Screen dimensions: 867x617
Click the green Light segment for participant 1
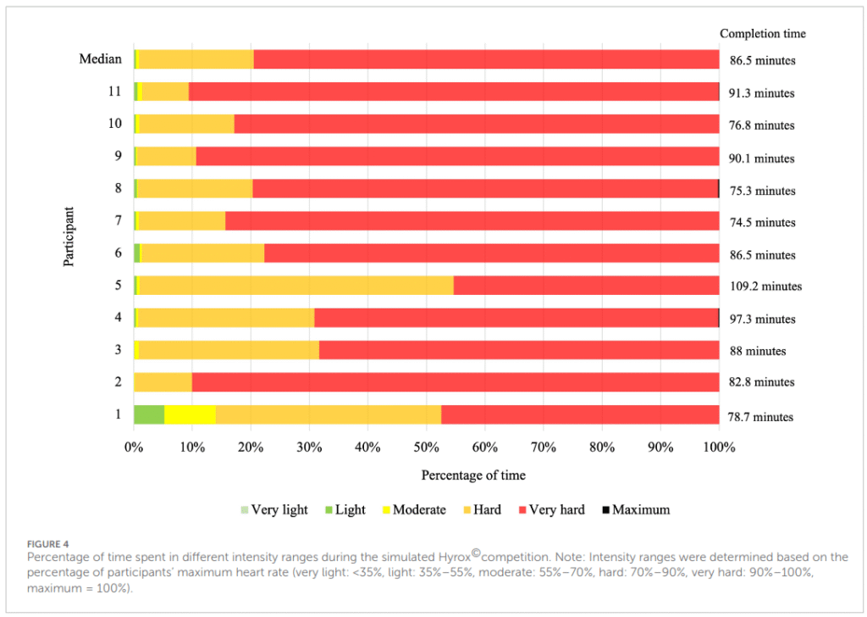click(149, 414)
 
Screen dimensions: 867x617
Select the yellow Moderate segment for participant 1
click(191, 414)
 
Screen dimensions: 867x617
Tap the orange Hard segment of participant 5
click(296, 286)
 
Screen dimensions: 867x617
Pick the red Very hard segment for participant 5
click(587, 286)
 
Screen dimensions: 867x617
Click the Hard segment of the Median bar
click(196, 59)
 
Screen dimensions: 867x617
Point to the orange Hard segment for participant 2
click(163, 382)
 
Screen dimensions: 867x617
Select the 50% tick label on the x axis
click(427, 447)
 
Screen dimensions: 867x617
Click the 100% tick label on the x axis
click(719, 447)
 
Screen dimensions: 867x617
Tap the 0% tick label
click(134, 447)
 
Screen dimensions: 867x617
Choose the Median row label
click(100, 58)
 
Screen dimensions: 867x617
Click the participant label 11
click(114, 91)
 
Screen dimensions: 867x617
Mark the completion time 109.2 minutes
click(765, 286)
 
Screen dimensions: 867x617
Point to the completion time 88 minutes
click(758, 351)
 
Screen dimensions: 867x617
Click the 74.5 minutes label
click(762, 222)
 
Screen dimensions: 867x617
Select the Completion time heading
click(763, 34)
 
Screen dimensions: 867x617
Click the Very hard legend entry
click(551, 509)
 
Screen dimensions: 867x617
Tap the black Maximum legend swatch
click(606, 509)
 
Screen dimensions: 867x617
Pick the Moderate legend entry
click(413, 509)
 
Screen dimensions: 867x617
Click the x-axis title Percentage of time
click(473, 475)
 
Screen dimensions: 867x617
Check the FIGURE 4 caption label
click(47, 544)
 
